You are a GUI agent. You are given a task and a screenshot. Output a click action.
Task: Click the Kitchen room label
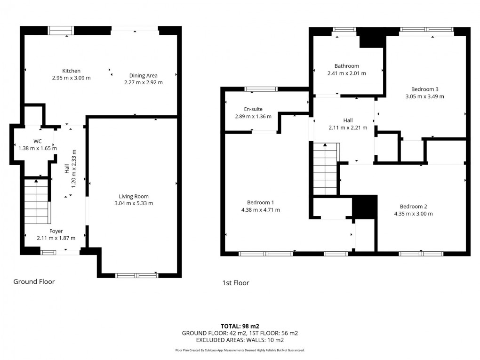coord(71,71)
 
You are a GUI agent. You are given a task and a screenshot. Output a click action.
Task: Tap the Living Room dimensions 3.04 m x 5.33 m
coord(134,203)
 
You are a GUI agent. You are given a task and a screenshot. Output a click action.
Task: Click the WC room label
coord(37,141)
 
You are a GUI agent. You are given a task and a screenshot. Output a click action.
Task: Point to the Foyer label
coord(56,231)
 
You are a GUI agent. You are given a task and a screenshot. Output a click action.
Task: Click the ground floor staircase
coord(37,201)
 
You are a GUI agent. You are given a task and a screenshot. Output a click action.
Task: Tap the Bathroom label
coord(346,66)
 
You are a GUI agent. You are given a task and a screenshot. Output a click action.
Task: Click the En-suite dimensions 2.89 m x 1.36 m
coord(253,116)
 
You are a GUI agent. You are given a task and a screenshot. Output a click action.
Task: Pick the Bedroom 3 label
coord(424,89)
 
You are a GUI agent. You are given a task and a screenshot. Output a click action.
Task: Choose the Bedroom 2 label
coord(413,206)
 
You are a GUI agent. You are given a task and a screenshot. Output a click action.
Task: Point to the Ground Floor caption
coord(34,282)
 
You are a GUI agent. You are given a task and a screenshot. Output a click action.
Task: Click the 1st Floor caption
coord(235,283)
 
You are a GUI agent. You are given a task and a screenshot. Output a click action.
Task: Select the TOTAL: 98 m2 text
coord(240,326)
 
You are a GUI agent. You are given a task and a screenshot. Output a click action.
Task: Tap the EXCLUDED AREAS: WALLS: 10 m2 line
coord(240,340)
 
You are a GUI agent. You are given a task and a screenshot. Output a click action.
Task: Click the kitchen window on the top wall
coord(61,31)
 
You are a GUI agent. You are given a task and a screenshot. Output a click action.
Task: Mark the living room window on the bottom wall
coord(137,275)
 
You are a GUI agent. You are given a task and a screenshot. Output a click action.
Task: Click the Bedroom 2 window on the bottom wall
coord(421,254)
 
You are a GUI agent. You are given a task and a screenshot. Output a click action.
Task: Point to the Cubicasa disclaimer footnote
coord(240,350)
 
